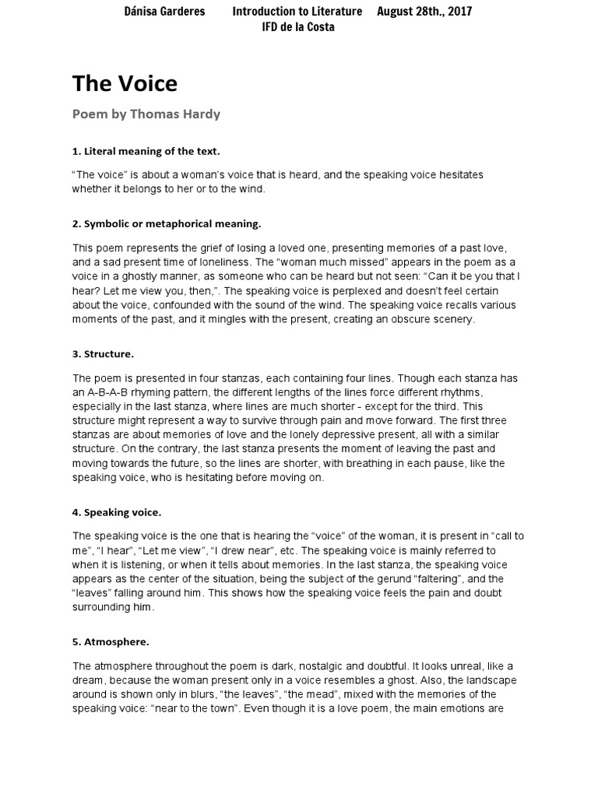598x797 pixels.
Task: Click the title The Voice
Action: click(125, 83)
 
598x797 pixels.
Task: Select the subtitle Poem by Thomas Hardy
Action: click(146, 114)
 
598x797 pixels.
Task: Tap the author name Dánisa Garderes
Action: click(164, 11)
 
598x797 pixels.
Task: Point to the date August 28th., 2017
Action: click(424, 11)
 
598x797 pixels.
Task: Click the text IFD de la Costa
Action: click(298, 27)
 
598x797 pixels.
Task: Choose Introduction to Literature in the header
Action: click(297, 11)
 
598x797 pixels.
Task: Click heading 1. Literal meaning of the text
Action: click(146, 151)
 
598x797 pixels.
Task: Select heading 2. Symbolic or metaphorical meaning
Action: click(167, 223)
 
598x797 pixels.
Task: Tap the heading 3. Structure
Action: click(103, 353)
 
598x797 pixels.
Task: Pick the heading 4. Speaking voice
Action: click(117, 512)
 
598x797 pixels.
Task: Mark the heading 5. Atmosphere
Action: click(111, 642)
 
